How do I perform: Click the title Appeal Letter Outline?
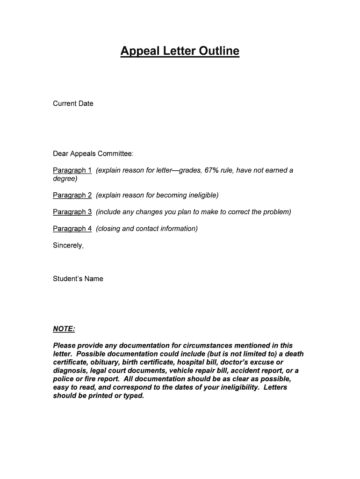[180, 51]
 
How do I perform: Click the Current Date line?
[73, 103]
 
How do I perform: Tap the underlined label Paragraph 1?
[72, 170]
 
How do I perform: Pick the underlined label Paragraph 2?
[72, 195]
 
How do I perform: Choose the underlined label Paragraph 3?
[72, 212]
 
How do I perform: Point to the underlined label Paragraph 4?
[72, 228]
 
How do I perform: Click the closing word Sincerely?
[68, 245]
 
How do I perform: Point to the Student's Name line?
[78, 279]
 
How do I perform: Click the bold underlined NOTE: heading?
[64, 329]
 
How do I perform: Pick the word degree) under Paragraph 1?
[65, 179]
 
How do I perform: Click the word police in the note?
[63, 379]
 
